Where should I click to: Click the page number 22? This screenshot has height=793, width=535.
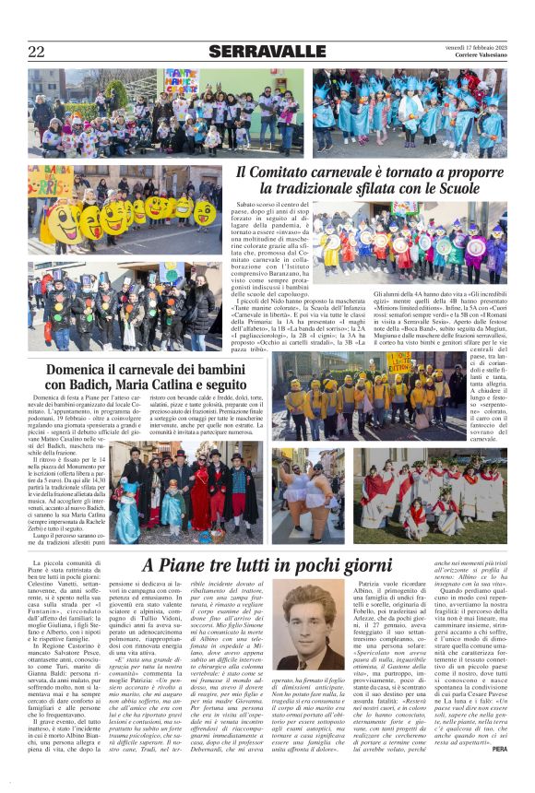click(36, 52)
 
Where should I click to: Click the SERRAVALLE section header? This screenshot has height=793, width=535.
click(267, 52)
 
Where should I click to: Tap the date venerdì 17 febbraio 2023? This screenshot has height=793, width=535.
click(470, 46)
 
